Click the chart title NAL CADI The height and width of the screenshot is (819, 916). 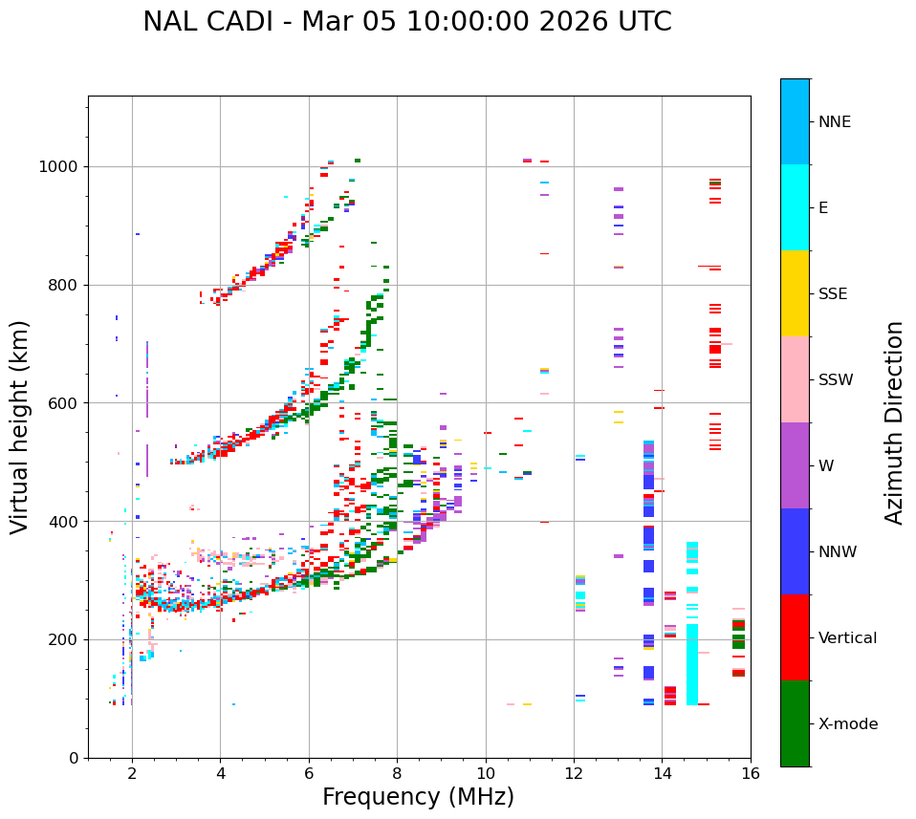(x=407, y=22)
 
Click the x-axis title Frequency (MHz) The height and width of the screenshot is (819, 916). (x=418, y=797)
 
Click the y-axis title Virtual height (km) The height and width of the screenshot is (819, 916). (x=20, y=427)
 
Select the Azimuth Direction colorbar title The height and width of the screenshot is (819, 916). (x=894, y=422)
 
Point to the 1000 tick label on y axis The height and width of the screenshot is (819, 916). (x=58, y=167)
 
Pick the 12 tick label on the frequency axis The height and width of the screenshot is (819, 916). (x=574, y=773)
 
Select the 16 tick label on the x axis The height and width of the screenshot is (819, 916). (x=750, y=773)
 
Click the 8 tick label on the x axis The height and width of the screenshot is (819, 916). (x=397, y=773)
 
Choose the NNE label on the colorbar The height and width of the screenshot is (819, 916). (x=834, y=122)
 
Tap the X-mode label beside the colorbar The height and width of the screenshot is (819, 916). (x=848, y=724)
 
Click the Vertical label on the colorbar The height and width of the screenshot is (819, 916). (x=847, y=638)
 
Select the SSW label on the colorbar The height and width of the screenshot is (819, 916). (x=836, y=380)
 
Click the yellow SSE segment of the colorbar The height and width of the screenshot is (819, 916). (x=795, y=293)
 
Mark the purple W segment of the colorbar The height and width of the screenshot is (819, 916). (x=795, y=465)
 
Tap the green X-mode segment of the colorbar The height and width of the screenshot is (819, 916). (x=795, y=723)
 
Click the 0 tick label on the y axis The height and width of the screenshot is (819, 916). (x=76, y=758)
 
